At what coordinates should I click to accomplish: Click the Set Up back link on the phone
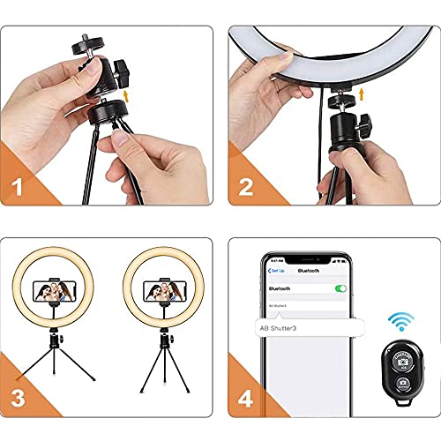(x=275, y=274)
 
